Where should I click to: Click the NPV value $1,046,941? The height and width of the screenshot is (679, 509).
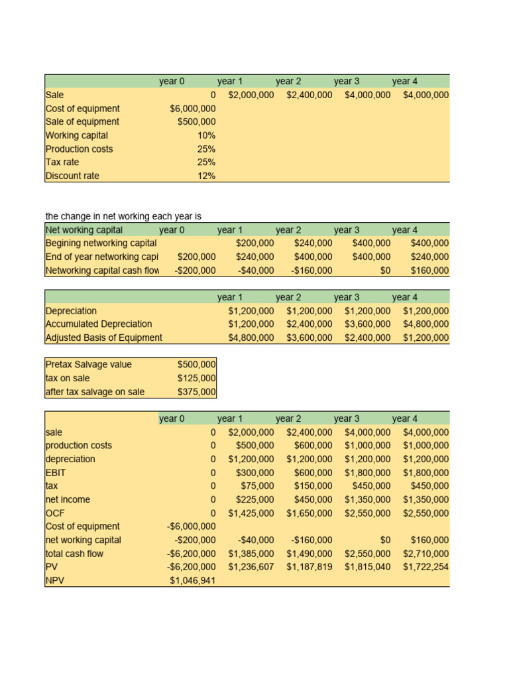(x=192, y=580)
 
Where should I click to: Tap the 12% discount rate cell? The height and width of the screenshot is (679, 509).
(x=206, y=176)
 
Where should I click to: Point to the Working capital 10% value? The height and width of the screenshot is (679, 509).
(x=206, y=135)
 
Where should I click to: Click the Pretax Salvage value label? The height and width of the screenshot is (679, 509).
(x=88, y=365)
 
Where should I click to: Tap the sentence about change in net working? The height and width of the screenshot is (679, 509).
(x=123, y=216)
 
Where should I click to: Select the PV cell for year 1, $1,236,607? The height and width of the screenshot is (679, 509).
(x=251, y=567)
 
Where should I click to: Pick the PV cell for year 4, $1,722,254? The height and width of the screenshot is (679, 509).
(x=425, y=567)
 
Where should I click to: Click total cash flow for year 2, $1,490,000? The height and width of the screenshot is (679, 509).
(x=309, y=554)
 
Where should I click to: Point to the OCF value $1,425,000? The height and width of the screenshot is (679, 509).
(x=251, y=513)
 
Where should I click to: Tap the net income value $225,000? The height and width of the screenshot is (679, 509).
(x=255, y=499)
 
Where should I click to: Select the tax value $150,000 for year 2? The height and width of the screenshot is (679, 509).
(x=313, y=486)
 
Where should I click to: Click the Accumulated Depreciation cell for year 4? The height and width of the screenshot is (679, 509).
(x=425, y=324)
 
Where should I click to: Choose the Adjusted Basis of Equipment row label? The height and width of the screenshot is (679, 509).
(x=103, y=338)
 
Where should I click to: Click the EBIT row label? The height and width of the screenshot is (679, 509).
(x=56, y=473)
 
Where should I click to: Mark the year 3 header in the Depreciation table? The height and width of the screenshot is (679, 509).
(x=347, y=297)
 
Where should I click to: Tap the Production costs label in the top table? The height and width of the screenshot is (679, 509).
(x=79, y=149)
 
